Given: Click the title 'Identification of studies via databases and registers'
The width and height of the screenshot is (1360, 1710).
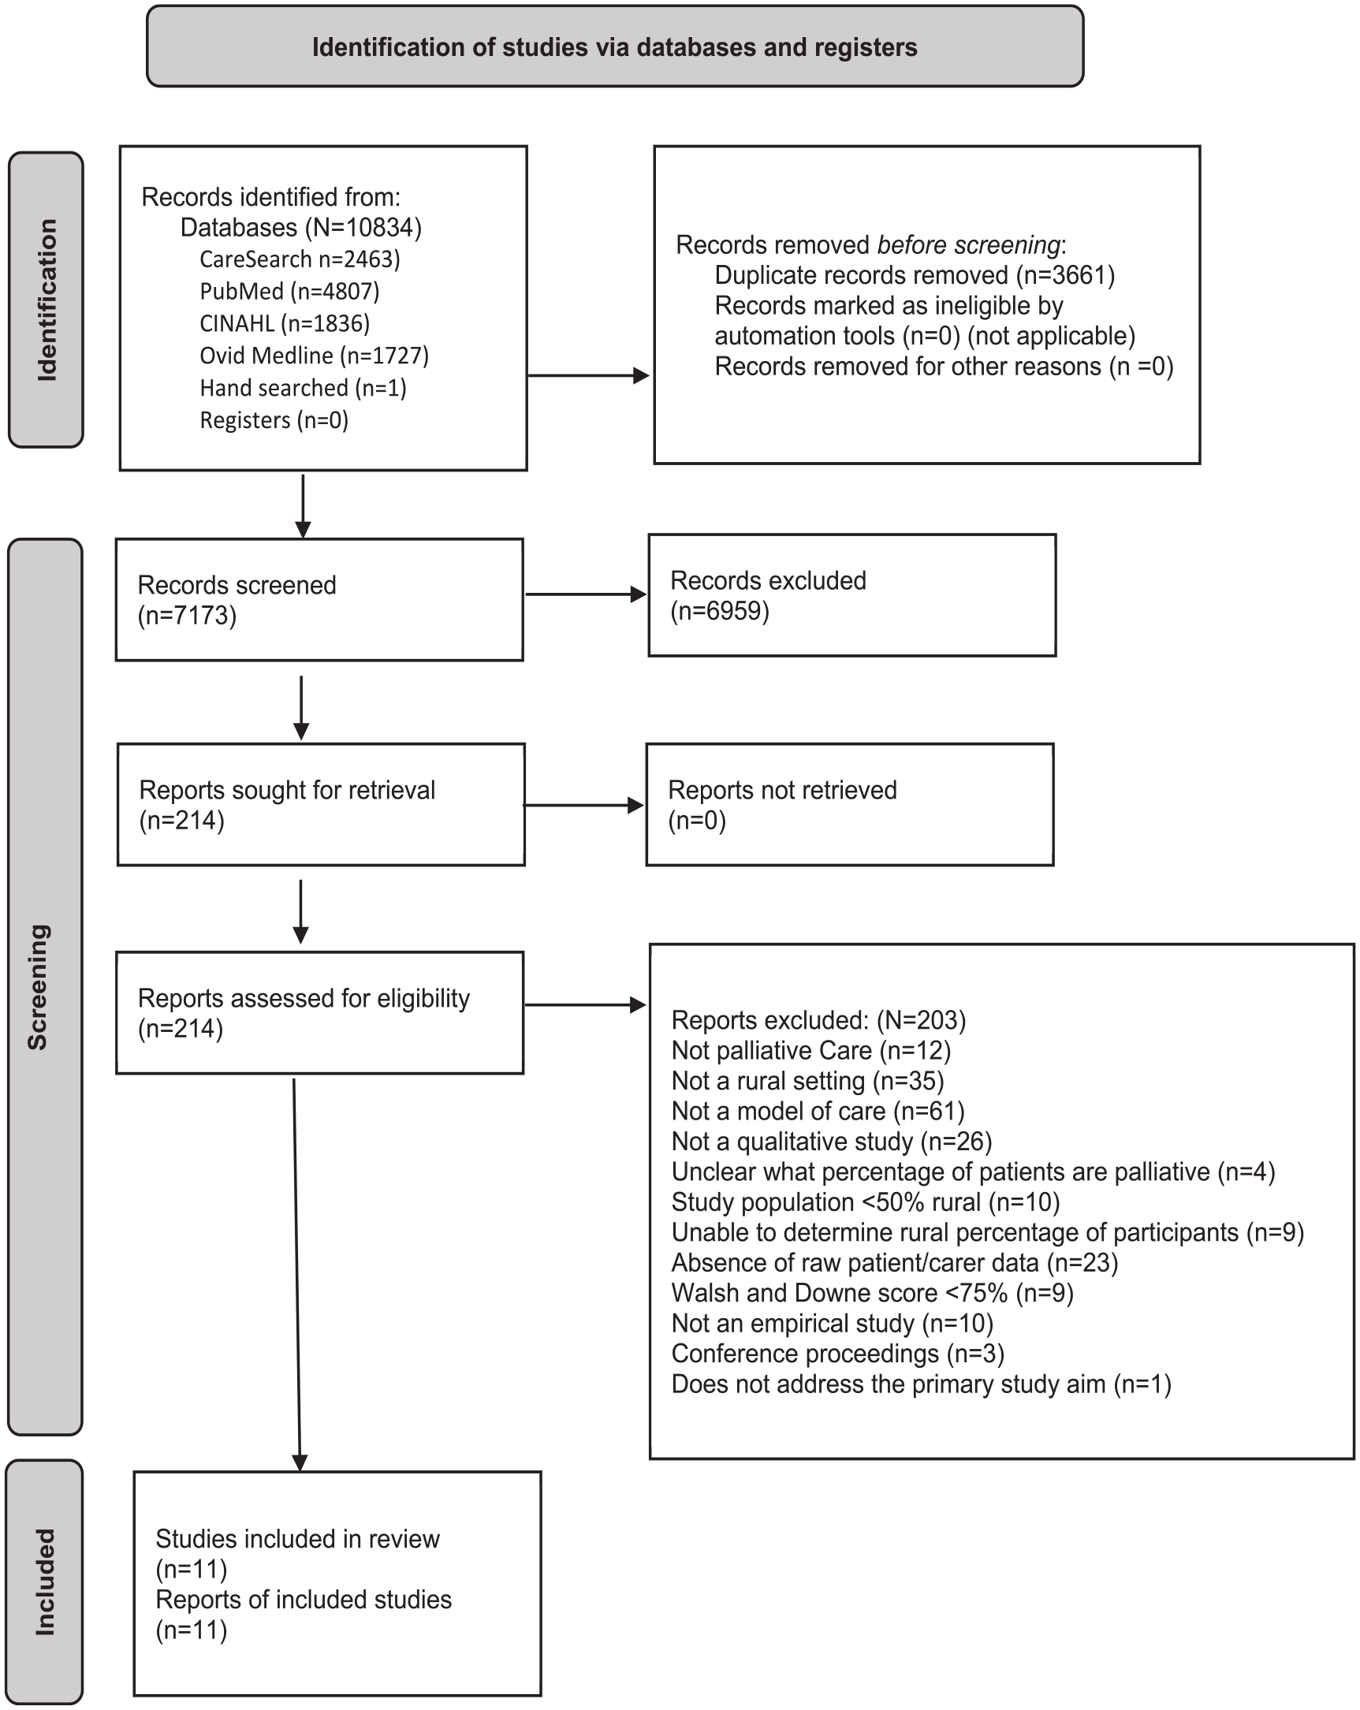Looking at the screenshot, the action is point(615,47).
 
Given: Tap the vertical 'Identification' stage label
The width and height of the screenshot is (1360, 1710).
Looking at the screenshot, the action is point(47,300).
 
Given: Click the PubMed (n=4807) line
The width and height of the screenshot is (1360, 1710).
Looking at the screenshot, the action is point(289,292).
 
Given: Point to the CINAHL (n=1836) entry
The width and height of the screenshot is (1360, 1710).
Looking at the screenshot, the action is point(285,323).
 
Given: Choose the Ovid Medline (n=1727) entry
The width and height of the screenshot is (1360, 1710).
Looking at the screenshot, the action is point(314,356).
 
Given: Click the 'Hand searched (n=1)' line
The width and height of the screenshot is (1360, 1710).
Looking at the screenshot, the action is point(303,388).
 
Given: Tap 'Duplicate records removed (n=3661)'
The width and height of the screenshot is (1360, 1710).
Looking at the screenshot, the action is point(915,275).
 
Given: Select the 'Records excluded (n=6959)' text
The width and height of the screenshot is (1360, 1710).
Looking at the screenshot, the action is point(768,595).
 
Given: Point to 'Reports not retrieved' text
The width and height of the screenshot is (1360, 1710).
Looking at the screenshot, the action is point(782,790).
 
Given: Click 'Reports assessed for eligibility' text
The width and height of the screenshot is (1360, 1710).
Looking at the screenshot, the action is point(304,998).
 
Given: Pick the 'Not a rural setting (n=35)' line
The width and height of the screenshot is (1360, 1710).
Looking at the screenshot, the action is point(807,1080).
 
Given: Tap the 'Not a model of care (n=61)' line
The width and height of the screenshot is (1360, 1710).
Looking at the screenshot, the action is point(818,1111).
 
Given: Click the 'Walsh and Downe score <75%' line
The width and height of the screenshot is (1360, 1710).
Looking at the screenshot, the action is point(872,1293).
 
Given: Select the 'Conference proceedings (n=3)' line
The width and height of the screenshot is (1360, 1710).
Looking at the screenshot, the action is point(837,1353).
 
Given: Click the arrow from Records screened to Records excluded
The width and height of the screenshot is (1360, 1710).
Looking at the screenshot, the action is point(585,594).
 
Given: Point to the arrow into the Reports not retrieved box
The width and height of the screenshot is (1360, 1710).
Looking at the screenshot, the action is point(583,805).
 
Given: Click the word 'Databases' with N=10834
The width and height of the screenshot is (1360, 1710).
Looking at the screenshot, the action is point(239,228).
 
